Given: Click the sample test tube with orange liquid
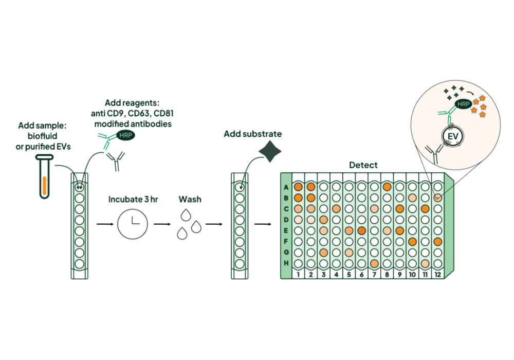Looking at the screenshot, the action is [x=44, y=177].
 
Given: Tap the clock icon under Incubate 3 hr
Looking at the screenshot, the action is [x=133, y=224].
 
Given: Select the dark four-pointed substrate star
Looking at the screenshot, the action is [x=270, y=151].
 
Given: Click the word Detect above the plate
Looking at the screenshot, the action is [x=363, y=165].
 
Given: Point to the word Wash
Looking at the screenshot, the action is [x=190, y=200].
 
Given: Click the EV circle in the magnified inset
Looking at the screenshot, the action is [x=453, y=136].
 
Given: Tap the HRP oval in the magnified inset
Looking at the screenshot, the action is [x=463, y=104].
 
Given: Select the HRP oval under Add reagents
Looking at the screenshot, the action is [x=125, y=135].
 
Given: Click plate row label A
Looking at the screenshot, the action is [x=286, y=188].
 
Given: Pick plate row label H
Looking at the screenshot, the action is [x=286, y=263].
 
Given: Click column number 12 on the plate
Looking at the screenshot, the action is [x=437, y=275].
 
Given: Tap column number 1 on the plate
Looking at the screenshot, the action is [x=298, y=275].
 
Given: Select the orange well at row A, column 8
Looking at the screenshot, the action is [x=387, y=187].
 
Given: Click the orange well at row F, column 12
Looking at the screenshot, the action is [x=437, y=242].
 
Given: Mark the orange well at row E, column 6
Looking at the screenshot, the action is [x=361, y=230].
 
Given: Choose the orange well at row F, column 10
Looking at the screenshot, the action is [x=412, y=242].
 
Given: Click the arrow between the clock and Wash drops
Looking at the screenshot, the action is [x=162, y=224].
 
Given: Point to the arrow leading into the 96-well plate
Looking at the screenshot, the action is [x=263, y=224].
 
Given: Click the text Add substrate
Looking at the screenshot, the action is [x=253, y=134].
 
